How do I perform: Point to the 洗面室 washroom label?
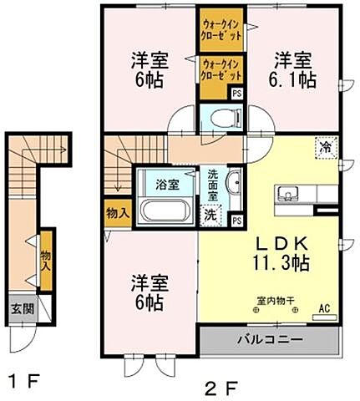[x=213, y=184]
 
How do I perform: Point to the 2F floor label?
[x=215, y=386]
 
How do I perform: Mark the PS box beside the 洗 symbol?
[x=237, y=220]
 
